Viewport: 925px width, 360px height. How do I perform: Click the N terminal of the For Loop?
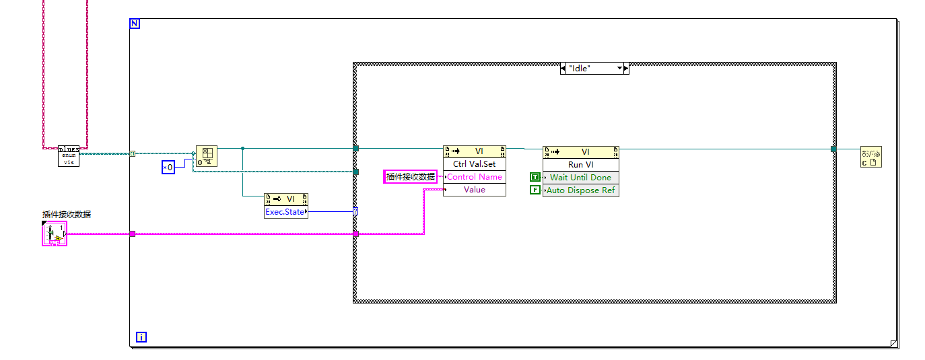pyautogui.click(x=135, y=24)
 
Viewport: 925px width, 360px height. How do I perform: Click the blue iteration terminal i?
pyautogui.click(x=141, y=336)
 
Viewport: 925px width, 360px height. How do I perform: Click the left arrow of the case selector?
pyautogui.click(x=563, y=68)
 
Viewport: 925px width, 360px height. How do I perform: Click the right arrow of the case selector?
pyautogui.click(x=626, y=68)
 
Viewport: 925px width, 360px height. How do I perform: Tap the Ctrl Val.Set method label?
pyautogui.click(x=474, y=164)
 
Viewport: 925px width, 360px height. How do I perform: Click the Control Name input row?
pyautogui.click(x=474, y=177)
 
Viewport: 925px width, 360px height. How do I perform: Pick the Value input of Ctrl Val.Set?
pyautogui.click(x=474, y=190)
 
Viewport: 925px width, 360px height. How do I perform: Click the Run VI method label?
pyautogui.click(x=580, y=165)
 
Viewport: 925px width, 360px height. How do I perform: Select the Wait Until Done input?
pyautogui.click(x=580, y=178)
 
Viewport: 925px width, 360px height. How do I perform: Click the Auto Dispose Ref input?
pyautogui.click(x=580, y=190)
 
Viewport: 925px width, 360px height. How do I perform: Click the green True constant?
pyautogui.click(x=535, y=178)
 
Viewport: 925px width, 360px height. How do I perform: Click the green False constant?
pyautogui.click(x=535, y=190)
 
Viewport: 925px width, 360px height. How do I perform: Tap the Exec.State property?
pyautogui.click(x=285, y=212)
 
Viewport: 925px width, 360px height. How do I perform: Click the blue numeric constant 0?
pyautogui.click(x=168, y=167)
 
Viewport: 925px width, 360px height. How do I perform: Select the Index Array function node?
pyautogui.click(x=206, y=156)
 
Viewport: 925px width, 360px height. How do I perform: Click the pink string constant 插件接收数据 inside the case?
pyautogui.click(x=411, y=177)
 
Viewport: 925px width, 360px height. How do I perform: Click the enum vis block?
pyautogui.click(x=69, y=156)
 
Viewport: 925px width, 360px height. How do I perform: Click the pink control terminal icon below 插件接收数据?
pyautogui.click(x=54, y=234)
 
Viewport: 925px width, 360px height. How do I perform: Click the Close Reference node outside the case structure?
pyautogui.click(x=870, y=157)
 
